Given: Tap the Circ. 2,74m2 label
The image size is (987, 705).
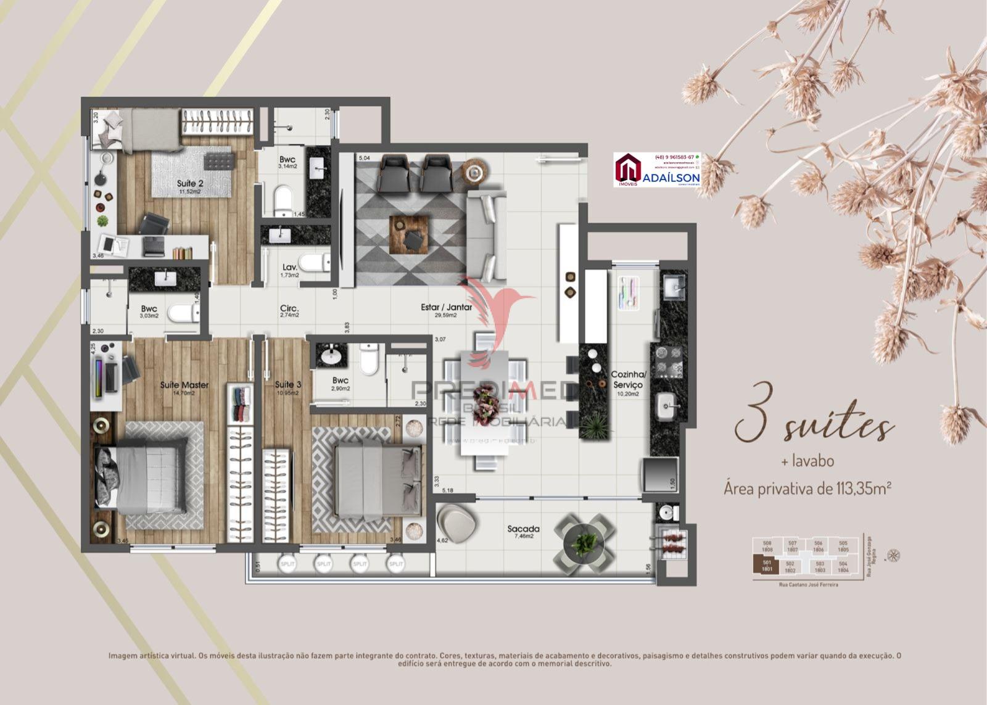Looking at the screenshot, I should [x=289, y=311].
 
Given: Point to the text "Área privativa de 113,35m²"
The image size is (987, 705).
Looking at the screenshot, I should [x=808, y=489].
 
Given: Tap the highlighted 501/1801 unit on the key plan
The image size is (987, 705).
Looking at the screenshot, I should [x=767, y=565].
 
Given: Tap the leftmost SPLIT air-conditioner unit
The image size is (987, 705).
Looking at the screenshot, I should [x=287, y=564].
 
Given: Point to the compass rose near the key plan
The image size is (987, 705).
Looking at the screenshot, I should [x=892, y=555].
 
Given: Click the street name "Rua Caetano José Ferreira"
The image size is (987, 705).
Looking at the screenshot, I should [x=805, y=583].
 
